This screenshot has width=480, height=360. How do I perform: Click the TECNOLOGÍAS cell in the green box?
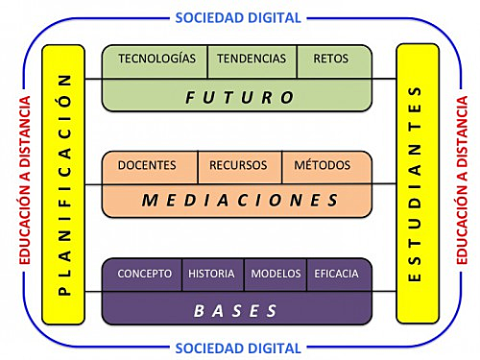(156, 59)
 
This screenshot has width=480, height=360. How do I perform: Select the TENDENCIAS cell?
(252, 59)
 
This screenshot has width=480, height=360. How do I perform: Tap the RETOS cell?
(331, 59)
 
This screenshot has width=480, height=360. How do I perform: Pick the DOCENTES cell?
(147, 165)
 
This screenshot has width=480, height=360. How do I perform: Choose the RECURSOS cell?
(239, 165)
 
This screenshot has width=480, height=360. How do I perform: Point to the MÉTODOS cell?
(323, 165)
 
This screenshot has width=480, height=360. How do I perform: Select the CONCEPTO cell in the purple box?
(144, 274)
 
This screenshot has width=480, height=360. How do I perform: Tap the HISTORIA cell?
(212, 274)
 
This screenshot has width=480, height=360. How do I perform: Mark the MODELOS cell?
(276, 274)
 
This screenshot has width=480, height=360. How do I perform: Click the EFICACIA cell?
(336, 274)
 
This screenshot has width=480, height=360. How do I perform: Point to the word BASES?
(236, 310)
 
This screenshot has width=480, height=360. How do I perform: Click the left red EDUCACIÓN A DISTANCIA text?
(24, 180)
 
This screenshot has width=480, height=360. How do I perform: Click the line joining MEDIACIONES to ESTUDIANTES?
(384, 183)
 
